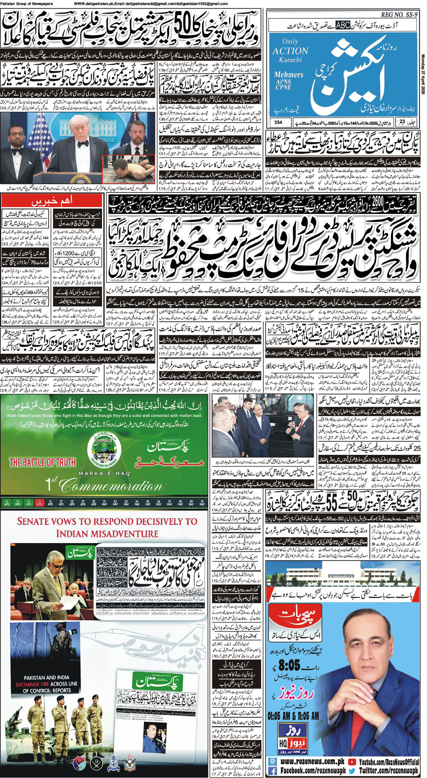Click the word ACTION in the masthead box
click(x=290, y=51)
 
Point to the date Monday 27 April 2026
click(x=423, y=72)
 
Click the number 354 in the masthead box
click(x=278, y=122)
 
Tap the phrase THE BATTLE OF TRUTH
click(x=42, y=462)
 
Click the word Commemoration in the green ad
click(x=111, y=485)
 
